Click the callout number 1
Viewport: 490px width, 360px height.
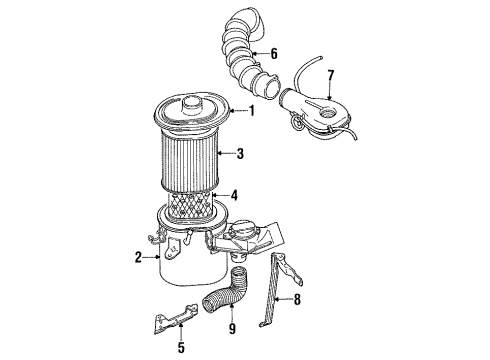click(x=252, y=111)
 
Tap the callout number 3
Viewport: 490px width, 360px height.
click(x=238, y=153)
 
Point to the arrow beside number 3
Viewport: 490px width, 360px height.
click(x=223, y=153)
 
